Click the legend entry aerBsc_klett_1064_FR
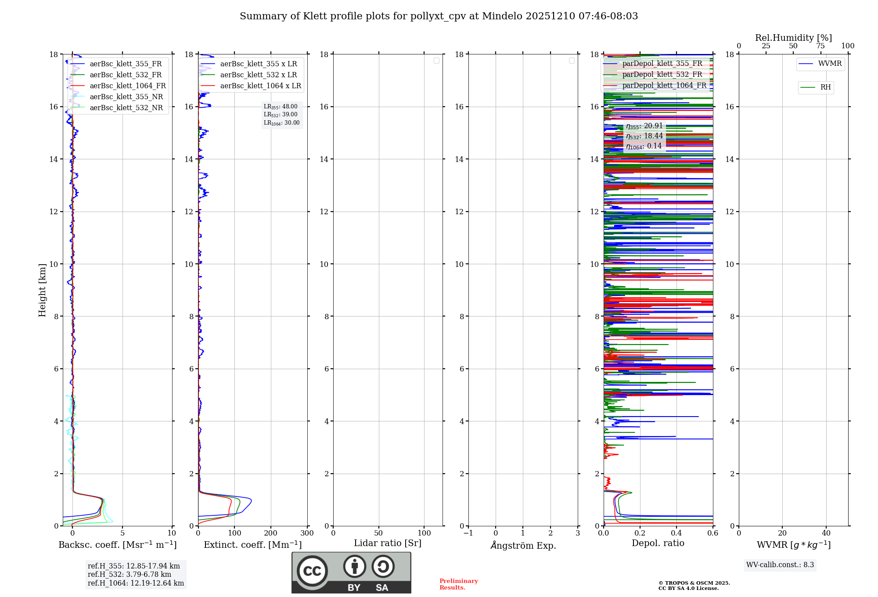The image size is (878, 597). (127, 86)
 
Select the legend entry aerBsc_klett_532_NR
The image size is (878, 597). (126, 108)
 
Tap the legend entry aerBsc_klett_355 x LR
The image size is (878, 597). (258, 64)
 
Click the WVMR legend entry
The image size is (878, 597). (830, 64)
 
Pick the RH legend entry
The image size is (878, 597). (825, 87)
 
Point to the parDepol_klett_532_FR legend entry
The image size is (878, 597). (662, 75)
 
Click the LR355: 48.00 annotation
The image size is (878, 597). (281, 107)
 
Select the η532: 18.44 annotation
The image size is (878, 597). (644, 136)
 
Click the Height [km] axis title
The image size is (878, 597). (42, 290)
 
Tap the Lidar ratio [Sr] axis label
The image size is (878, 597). (388, 543)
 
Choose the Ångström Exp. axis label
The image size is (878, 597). (523, 546)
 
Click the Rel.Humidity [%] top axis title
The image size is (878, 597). (793, 38)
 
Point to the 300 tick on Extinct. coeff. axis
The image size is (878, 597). (307, 533)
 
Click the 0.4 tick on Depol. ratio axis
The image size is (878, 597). (676, 533)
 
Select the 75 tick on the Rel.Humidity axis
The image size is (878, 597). (820, 46)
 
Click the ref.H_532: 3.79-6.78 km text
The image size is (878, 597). (130, 575)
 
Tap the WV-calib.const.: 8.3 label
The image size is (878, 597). (780, 565)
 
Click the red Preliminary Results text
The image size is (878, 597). (458, 584)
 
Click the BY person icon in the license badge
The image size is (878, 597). (354, 567)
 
